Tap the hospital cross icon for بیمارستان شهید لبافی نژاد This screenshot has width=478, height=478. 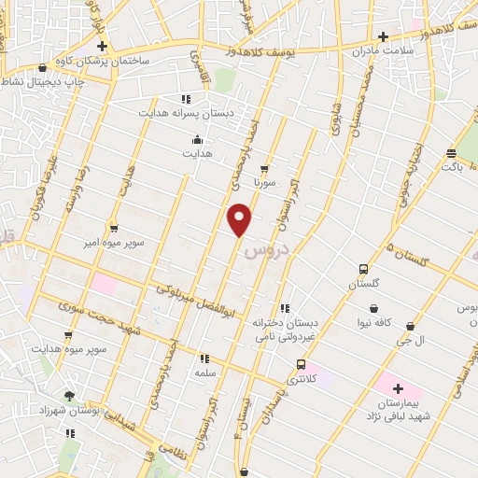(x=398, y=387)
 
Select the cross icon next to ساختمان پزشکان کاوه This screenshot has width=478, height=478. (x=102, y=46)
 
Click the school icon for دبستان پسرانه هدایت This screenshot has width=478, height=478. (x=186, y=98)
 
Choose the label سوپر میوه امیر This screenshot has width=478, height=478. (x=112, y=242)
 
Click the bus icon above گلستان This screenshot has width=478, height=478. (x=363, y=270)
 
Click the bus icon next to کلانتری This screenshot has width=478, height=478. (x=301, y=364)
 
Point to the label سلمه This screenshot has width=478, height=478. (x=204, y=372)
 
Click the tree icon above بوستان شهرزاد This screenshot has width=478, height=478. (x=69, y=396)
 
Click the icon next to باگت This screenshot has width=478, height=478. (x=451, y=153)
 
